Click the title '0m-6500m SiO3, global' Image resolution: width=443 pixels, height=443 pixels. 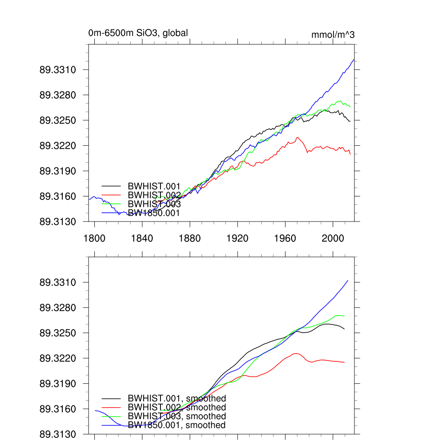click(x=138, y=33)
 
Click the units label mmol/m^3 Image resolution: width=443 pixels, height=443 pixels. click(x=333, y=35)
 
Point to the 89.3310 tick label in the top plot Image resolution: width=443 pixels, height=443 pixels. click(x=58, y=70)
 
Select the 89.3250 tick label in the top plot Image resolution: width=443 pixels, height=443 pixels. click(x=58, y=120)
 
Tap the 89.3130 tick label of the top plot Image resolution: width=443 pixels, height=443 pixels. click(x=58, y=221)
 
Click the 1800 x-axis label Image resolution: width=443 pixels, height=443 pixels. click(x=94, y=238)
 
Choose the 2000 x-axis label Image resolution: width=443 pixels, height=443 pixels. click(x=333, y=238)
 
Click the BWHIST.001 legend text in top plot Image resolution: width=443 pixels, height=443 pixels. click(x=154, y=186)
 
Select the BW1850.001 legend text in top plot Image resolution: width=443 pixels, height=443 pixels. click(x=154, y=213)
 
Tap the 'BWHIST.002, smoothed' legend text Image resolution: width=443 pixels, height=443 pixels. click(x=177, y=408)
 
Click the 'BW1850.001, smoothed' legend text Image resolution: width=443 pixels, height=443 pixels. click(x=177, y=425)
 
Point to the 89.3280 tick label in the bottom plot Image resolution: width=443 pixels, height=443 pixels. click(x=58, y=308)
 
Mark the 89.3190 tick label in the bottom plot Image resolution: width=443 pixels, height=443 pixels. click(x=58, y=384)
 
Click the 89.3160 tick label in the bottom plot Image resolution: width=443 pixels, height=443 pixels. click(x=58, y=409)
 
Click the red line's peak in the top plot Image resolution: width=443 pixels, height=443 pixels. click(x=297, y=137)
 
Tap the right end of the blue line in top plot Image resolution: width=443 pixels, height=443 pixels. click(x=354, y=59)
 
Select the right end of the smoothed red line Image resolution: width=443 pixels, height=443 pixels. click(x=344, y=362)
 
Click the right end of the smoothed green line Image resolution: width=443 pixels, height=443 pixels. click(x=344, y=316)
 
